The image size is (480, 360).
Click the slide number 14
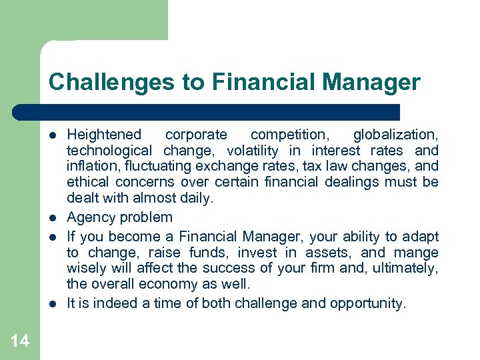(x=20, y=341)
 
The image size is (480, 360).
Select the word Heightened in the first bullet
(x=105, y=135)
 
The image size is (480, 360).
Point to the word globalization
(x=395, y=135)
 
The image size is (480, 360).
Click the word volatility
(x=258, y=151)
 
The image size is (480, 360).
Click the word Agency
(x=90, y=217)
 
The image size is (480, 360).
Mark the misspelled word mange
(x=417, y=253)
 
